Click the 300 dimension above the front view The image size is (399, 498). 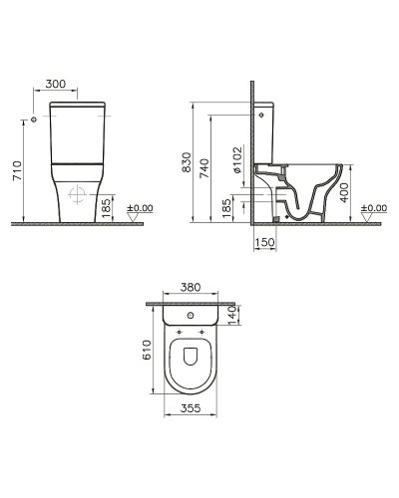[57, 86]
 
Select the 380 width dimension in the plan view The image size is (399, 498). [190, 287]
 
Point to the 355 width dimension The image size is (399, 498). [190, 409]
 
